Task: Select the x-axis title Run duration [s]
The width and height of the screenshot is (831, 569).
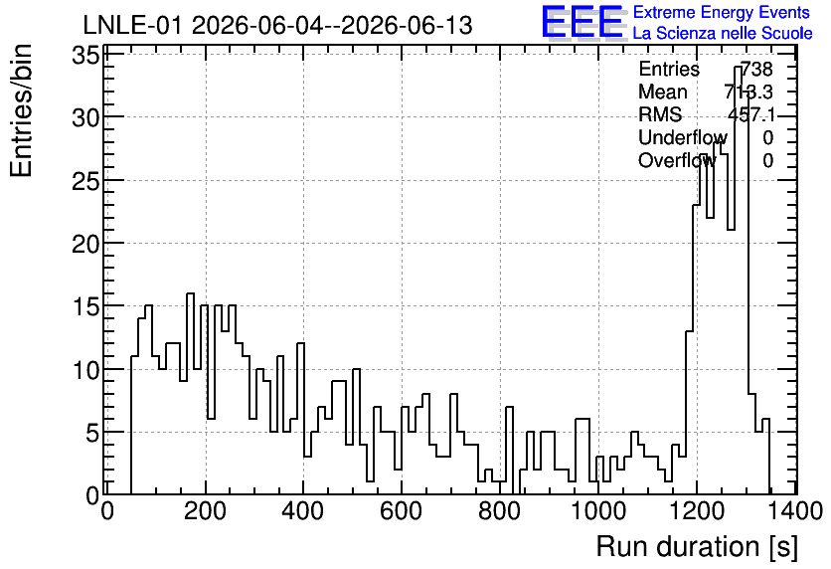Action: pyautogui.click(x=697, y=547)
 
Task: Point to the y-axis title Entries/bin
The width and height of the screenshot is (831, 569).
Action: pyautogui.click(x=21, y=110)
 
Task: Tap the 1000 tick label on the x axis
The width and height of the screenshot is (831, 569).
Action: pyautogui.click(x=598, y=511)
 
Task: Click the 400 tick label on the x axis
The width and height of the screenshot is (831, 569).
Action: pyautogui.click(x=303, y=511)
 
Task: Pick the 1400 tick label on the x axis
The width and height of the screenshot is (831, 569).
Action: pyautogui.click(x=794, y=511)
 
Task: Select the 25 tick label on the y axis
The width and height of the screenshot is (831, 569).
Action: pyautogui.click(x=85, y=180)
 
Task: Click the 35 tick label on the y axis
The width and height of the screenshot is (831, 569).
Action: pyautogui.click(x=85, y=55)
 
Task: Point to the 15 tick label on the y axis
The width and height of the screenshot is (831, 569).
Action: pyautogui.click(x=85, y=306)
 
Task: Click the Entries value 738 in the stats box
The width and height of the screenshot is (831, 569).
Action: pyautogui.click(x=756, y=69)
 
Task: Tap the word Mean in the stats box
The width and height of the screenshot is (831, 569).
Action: pyautogui.click(x=662, y=92)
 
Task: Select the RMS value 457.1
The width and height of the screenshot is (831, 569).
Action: pyautogui.click(x=750, y=114)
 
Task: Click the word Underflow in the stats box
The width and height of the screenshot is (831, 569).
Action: pyautogui.click(x=683, y=137)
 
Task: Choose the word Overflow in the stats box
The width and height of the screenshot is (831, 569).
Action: pyautogui.click(x=677, y=160)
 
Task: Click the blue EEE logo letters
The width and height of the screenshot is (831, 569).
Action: pyautogui.click(x=582, y=22)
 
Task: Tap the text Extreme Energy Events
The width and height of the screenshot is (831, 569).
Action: pyautogui.click(x=722, y=12)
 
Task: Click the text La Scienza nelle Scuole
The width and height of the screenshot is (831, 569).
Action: pyautogui.click(x=723, y=34)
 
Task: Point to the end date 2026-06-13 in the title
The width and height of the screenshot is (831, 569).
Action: pyautogui.click(x=406, y=25)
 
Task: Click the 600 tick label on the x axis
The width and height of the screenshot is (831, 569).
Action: pyautogui.click(x=402, y=511)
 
